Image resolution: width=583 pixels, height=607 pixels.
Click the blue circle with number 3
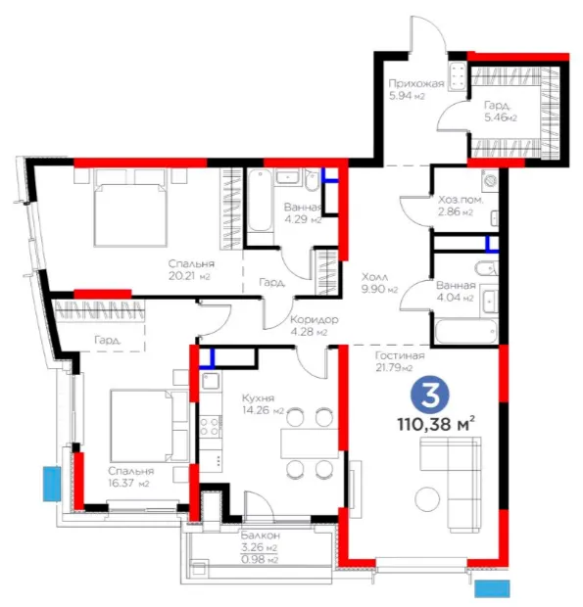(x=429, y=396)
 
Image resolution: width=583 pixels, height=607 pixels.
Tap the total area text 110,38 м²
(x=436, y=424)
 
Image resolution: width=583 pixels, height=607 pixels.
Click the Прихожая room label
(x=416, y=83)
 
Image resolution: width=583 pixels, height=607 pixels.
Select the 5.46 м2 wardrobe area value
(x=501, y=117)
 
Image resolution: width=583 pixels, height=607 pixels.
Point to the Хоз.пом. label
(x=461, y=200)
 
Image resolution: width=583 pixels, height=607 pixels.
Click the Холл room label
(x=374, y=277)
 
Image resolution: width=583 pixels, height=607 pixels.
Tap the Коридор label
(x=315, y=320)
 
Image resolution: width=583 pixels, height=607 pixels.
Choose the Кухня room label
(x=258, y=397)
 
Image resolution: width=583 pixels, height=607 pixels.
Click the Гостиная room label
(x=400, y=355)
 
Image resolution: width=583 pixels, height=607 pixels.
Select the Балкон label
(x=261, y=536)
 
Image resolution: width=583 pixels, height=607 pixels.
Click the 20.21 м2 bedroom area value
(x=189, y=276)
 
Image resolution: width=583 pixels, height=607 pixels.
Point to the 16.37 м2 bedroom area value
(x=128, y=484)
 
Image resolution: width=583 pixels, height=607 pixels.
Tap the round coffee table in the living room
(x=427, y=498)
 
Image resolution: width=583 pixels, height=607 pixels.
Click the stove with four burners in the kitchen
(x=211, y=426)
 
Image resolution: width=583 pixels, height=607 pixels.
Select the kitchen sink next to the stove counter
(x=211, y=381)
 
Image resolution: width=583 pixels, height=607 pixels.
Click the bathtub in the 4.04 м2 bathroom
(x=465, y=331)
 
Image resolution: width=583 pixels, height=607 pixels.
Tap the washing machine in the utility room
(x=491, y=179)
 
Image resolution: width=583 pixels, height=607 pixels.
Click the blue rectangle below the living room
(x=492, y=588)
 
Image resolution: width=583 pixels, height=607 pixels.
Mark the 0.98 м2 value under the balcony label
(x=260, y=560)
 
